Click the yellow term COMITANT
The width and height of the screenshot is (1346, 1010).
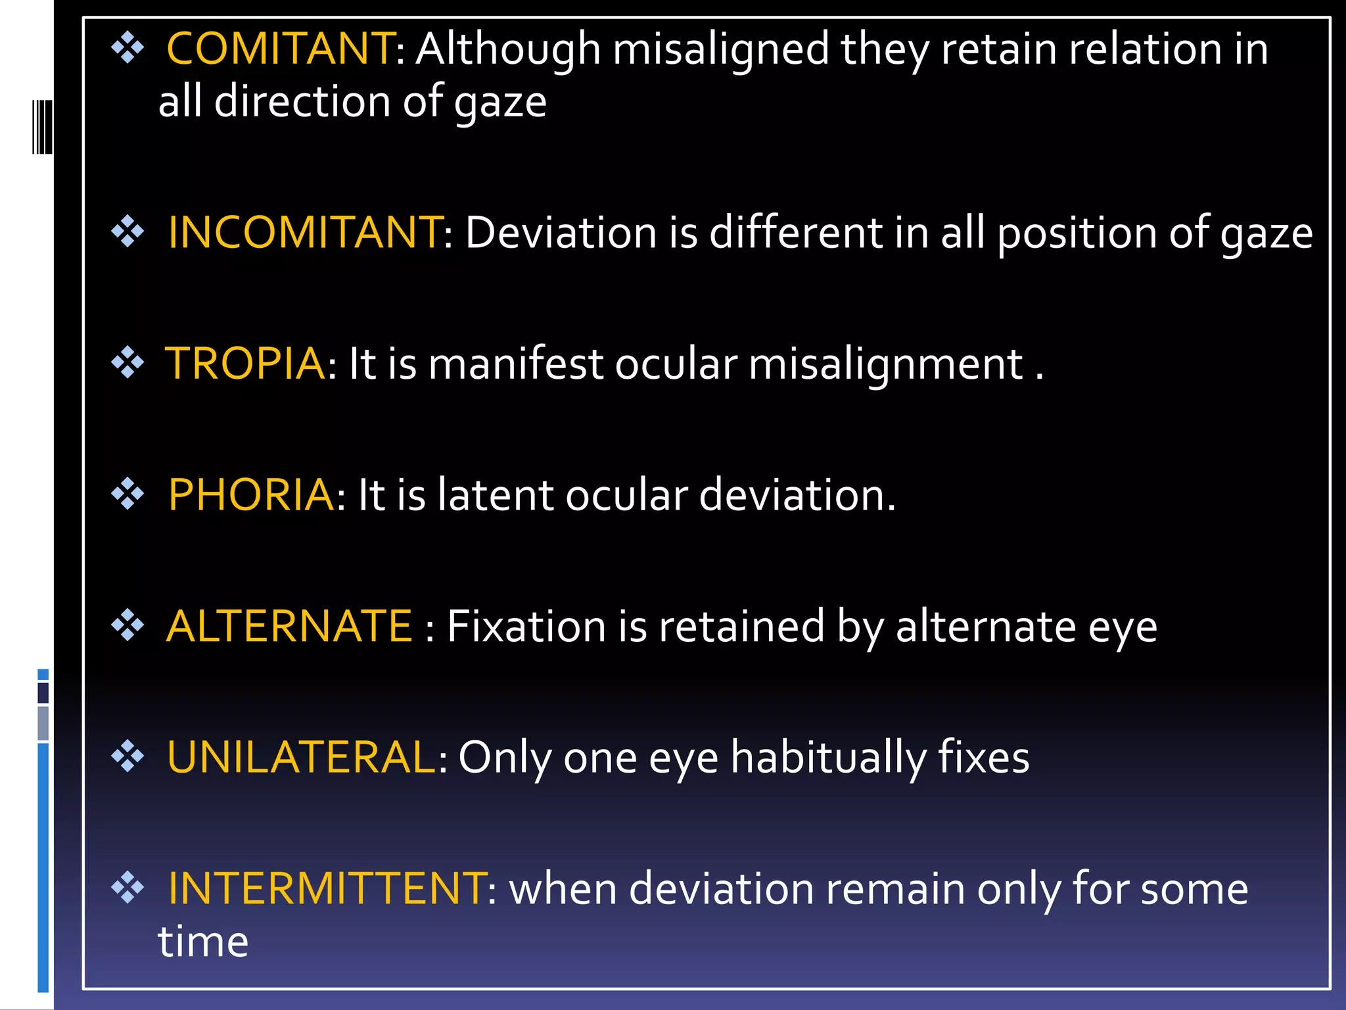pos(280,49)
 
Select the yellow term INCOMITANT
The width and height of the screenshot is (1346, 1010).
pos(305,233)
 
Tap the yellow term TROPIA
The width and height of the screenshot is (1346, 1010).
pos(244,364)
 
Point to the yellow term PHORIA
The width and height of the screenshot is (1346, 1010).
pos(250,494)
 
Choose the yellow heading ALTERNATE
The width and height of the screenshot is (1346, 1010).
pos(289,626)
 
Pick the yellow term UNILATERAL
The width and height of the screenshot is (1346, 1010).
pos(301,757)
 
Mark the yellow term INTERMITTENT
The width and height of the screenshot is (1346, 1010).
pos(327,888)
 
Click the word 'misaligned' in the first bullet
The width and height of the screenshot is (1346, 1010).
pos(720,51)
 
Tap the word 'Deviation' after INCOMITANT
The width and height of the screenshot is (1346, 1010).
pos(561,233)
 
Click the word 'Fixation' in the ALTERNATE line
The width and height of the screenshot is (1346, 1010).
pos(526,626)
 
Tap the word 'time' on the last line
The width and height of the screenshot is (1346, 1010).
pos(203,942)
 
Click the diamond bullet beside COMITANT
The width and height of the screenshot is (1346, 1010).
pos(128,49)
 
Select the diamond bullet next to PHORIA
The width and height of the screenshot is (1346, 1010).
pos(128,494)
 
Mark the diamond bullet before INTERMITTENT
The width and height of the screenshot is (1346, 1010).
pos(128,888)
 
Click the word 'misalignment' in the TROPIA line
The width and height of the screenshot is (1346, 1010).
pos(885,365)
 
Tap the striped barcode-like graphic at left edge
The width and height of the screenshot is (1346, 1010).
pos(42,127)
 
